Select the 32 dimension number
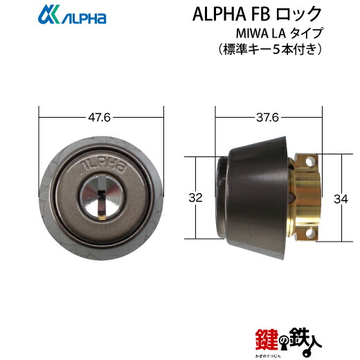197,198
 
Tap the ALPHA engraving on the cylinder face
101,166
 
